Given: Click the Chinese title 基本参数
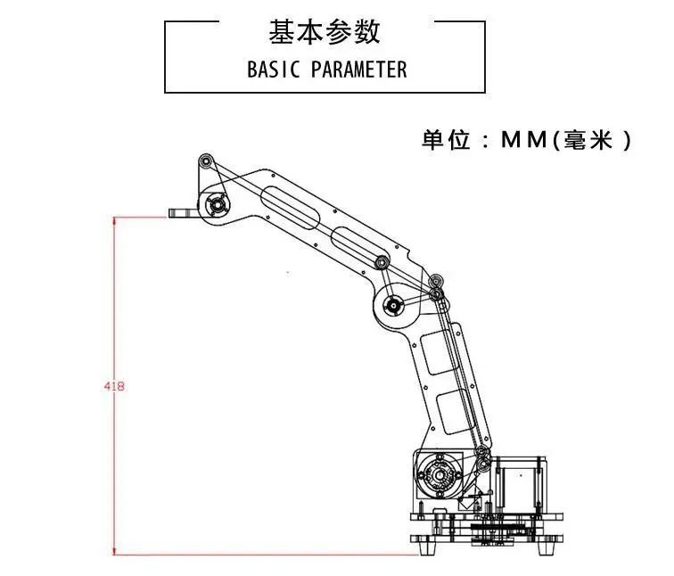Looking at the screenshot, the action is pos(325,32).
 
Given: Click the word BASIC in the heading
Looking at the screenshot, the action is pos(274,70).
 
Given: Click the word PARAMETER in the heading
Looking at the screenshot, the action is pos(359,70).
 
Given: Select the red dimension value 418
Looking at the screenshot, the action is pos(114,386).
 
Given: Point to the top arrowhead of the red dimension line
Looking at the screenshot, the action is pos(114,221).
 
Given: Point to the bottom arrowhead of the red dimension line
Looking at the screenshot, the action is pos(114,551).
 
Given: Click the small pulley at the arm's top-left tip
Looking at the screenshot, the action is pos(206,161).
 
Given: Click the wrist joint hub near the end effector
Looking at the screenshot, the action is pos(216,205).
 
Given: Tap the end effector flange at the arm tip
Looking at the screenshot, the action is pos(184,213).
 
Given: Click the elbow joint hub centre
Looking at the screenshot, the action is pos(393,306).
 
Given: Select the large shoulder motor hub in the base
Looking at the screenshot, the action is pos(439,475).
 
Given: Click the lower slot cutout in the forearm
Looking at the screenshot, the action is pos(360,247).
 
